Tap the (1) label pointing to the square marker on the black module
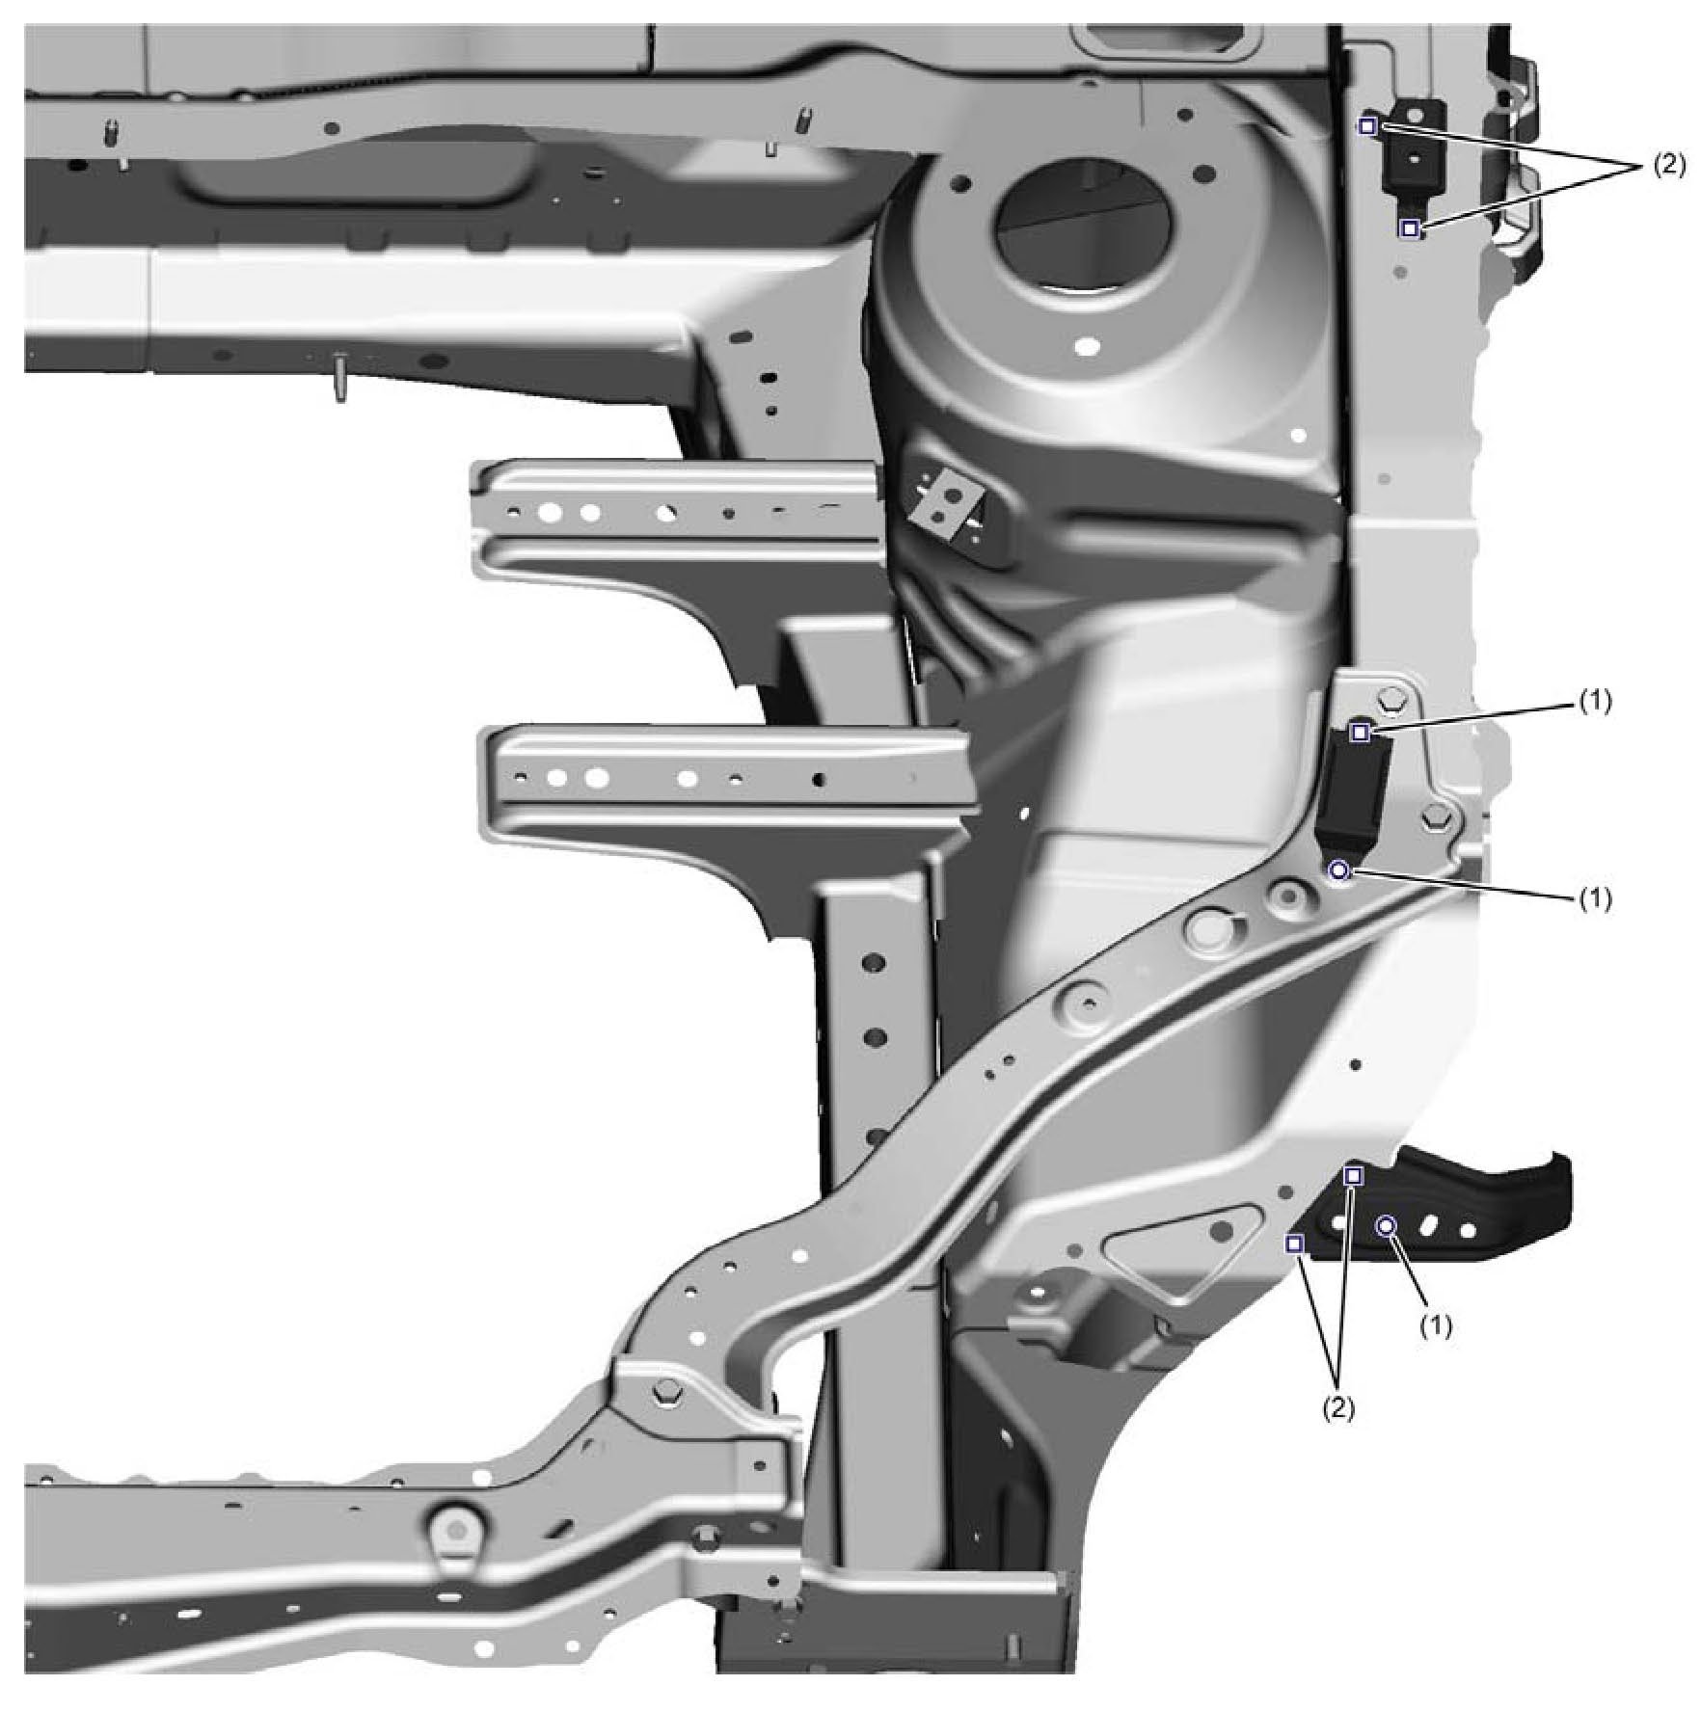(x=1595, y=703)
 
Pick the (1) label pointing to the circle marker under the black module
(x=1595, y=898)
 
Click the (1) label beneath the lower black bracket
(x=1435, y=1326)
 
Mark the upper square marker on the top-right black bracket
(x=1367, y=125)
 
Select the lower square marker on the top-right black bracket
(x=1410, y=228)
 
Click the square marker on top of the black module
(x=1360, y=733)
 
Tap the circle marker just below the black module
(x=1338, y=870)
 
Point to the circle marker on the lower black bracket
(x=1386, y=1226)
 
